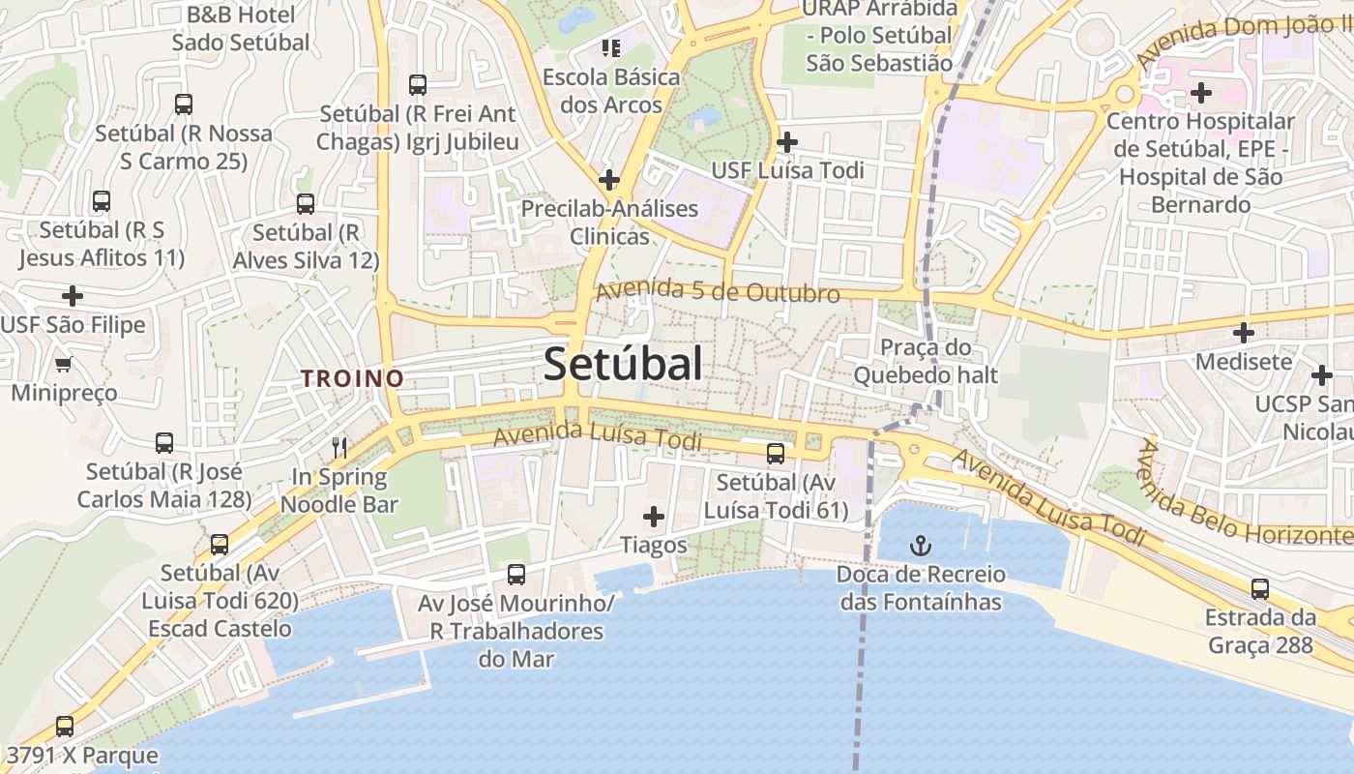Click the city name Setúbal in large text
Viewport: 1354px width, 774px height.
623,365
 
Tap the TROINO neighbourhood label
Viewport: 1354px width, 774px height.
352,379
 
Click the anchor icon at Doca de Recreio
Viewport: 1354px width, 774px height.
920,547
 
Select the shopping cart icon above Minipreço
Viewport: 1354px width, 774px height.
64,365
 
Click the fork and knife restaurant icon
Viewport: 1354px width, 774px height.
339,447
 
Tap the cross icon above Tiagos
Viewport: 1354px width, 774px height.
654,517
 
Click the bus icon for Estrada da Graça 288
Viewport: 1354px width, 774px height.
1259,588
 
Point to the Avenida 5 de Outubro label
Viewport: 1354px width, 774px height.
717,291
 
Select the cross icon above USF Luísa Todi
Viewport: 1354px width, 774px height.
787,142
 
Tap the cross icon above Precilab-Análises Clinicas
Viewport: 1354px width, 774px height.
608,180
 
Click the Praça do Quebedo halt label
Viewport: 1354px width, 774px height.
925,361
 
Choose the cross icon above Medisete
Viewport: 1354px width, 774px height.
1244,334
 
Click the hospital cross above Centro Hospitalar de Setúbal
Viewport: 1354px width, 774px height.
1200,93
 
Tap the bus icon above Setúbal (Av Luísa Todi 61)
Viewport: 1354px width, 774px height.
775,453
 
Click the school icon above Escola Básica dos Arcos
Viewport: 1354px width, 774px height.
610,47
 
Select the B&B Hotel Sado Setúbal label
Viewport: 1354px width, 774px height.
241,29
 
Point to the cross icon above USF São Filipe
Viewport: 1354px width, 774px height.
73,296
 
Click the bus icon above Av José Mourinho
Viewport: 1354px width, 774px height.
516,575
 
